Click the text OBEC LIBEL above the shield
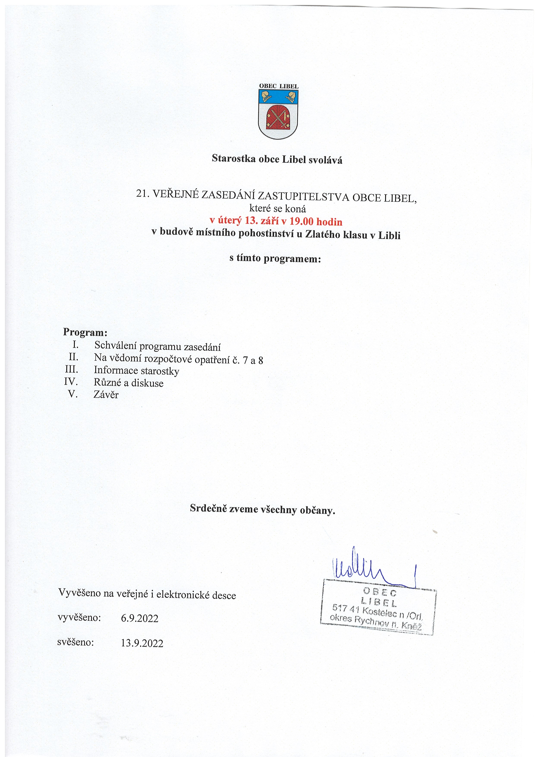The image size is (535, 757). click(x=279, y=86)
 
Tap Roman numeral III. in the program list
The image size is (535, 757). click(x=71, y=369)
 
